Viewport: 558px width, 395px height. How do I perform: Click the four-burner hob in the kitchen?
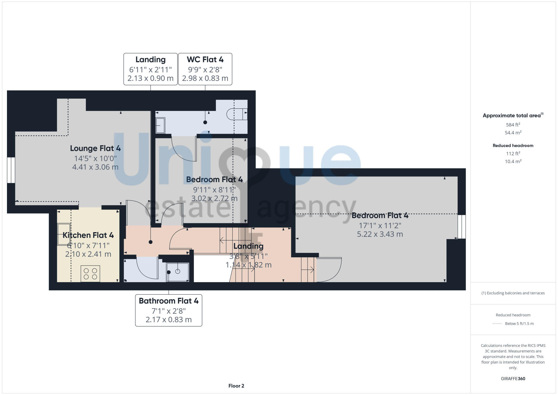click(90, 274)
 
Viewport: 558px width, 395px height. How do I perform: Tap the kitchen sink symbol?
click(64, 234)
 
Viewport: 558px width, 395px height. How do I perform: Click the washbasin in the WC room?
click(160, 125)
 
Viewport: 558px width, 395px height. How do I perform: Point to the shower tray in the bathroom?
click(178, 272)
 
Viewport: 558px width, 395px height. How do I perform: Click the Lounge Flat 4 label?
click(95, 148)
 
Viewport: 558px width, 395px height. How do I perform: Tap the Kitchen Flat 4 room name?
click(88, 235)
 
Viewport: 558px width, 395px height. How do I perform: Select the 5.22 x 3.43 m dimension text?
click(380, 234)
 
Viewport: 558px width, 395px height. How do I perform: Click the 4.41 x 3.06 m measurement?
click(95, 167)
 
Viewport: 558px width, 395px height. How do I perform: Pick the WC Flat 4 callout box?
click(205, 69)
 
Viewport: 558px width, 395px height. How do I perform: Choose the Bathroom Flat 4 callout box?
click(169, 310)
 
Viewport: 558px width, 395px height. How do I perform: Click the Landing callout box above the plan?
click(150, 69)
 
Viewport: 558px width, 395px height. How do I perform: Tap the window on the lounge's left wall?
click(11, 170)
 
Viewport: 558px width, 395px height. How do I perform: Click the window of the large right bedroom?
click(461, 227)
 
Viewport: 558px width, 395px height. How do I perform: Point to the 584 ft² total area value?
click(513, 125)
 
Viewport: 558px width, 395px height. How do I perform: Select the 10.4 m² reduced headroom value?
click(513, 161)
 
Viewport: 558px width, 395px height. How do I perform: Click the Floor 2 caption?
click(236, 386)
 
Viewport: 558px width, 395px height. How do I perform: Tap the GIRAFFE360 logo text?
click(513, 379)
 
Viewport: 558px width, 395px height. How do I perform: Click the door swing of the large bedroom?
click(329, 270)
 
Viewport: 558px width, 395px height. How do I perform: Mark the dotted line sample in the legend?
click(497, 324)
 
